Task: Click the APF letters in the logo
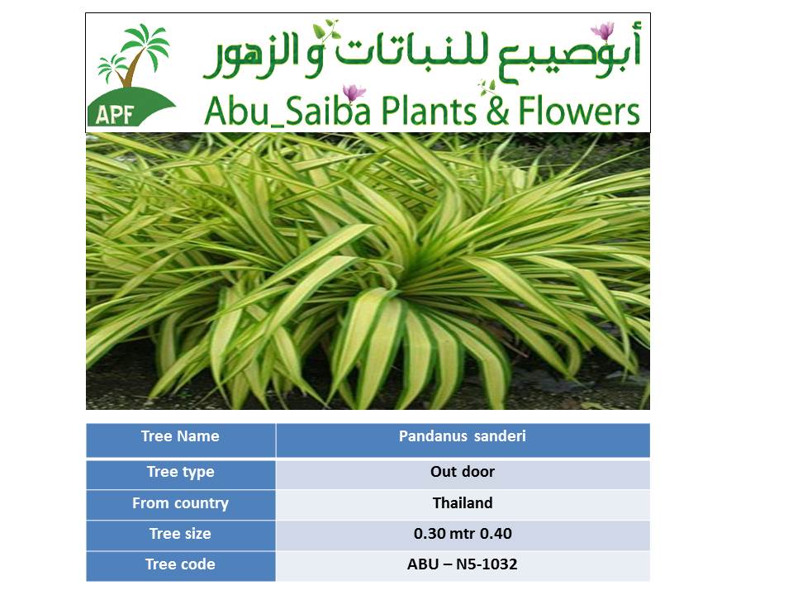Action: point(114,115)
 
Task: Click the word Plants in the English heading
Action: point(428,111)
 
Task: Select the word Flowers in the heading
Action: point(579,111)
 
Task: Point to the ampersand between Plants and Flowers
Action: point(497,112)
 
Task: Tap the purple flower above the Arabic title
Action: point(603,31)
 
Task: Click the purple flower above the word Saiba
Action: point(354,93)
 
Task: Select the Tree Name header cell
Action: point(181,440)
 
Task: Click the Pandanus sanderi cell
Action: point(463,440)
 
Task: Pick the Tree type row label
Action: point(181,474)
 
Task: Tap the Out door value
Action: point(463,474)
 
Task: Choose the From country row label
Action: point(181,504)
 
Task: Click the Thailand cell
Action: point(463,504)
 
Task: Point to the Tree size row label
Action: point(181,535)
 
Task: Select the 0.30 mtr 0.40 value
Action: point(463,535)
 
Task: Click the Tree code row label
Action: point(181,566)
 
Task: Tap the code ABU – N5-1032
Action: point(463,566)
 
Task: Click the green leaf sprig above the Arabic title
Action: point(325,31)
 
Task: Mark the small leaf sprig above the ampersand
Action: point(487,88)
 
